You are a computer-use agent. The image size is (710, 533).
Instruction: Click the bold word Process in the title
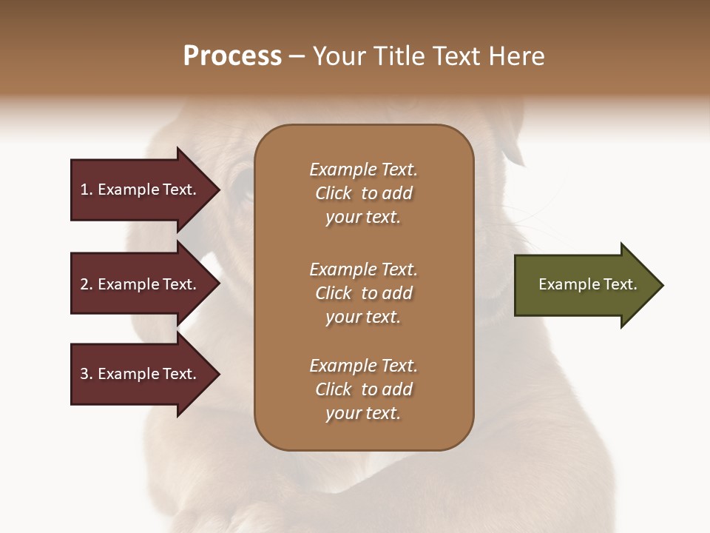[x=232, y=56]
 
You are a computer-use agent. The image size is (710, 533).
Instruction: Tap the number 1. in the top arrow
[x=87, y=190]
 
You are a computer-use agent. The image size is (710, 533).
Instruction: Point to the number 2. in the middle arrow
[x=87, y=284]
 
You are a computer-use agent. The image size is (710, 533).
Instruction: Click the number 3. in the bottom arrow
[x=87, y=374]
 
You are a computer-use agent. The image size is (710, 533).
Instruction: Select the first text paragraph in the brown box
[x=363, y=193]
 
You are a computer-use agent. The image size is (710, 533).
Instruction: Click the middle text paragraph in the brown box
[x=363, y=293]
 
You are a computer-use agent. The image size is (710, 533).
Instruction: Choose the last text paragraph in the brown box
[x=363, y=389]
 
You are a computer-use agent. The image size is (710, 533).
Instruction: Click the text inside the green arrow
[x=587, y=284]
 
